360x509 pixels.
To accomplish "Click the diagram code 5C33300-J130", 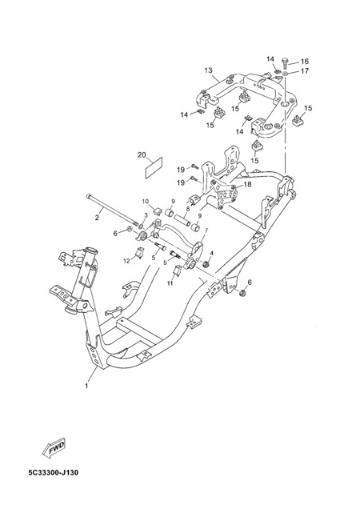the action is [54, 472].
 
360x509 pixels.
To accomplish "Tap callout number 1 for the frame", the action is [86, 386].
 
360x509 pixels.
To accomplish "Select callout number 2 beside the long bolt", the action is [97, 218].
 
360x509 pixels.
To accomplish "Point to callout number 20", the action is [142, 154].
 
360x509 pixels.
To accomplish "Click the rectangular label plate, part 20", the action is [154, 168].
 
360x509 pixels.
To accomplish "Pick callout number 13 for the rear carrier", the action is [209, 70].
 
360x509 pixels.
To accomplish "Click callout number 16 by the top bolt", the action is [305, 62].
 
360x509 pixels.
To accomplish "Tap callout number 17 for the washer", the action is [305, 70].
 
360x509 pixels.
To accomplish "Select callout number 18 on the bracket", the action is [247, 184].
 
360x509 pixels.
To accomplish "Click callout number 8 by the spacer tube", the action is [187, 210].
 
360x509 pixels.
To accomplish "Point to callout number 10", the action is [145, 201].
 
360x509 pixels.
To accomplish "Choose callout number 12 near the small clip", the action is [126, 260].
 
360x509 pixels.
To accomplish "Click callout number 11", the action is [170, 283].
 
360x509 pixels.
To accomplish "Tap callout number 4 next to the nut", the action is [212, 253].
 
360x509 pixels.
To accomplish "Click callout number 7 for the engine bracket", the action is [206, 230].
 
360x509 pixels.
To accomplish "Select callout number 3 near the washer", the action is [146, 215].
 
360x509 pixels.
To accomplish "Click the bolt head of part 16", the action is [286, 60].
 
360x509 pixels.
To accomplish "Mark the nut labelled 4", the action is [205, 265].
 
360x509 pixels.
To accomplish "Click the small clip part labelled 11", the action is [178, 271].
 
